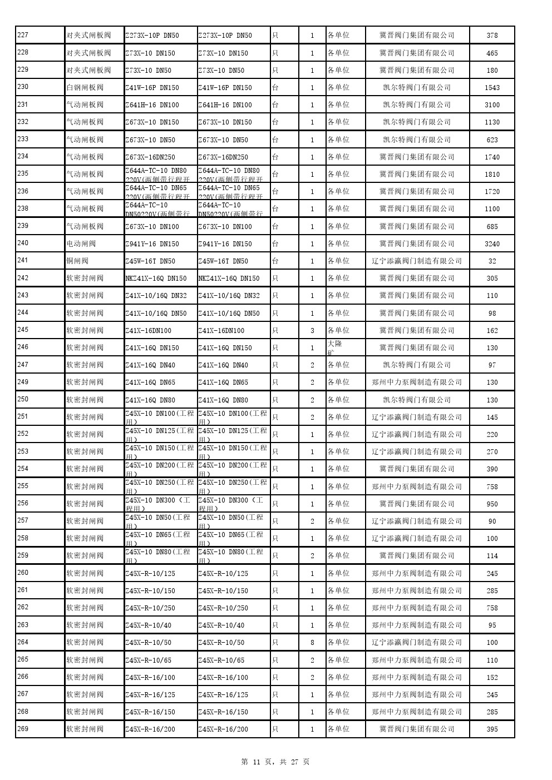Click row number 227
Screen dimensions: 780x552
pos(23,35)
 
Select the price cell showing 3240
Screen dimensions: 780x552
pos(492,244)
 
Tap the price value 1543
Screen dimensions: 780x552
pos(492,87)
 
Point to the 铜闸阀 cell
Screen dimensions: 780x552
pos(77,261)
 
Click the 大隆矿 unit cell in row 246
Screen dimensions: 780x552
pos(335,347)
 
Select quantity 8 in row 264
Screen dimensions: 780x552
pos(312,642)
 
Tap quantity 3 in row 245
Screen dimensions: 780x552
pos(312,330)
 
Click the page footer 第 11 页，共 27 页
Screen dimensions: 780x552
pos(275,762)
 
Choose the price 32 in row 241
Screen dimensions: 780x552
pos(492,261)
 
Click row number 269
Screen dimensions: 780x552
pos(23,729)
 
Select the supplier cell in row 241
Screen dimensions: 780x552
pos(417,261)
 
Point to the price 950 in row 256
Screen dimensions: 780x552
pos(492,504)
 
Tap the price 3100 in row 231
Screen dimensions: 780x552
pos(492,105)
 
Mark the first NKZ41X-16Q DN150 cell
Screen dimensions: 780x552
pos(156,278)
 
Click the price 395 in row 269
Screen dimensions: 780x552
pos(492,729)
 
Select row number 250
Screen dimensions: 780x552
pos(23,399)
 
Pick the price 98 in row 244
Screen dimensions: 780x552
pos(492,313)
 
